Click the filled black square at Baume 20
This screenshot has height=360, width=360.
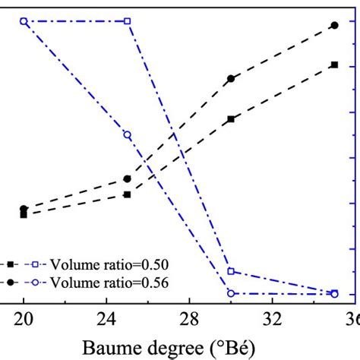pos(24,214)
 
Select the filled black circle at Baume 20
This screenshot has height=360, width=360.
pos(24,209)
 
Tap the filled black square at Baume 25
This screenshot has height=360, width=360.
pos(128,194)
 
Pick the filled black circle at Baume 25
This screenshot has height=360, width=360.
pos(127,179)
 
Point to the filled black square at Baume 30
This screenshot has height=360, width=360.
pos(231,119)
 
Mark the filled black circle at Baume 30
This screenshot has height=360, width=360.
pos(231,79)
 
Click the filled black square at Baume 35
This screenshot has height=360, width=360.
pos(334,65)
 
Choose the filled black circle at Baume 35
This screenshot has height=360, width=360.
pos(334,25)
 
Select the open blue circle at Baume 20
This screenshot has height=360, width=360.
pos(24,21)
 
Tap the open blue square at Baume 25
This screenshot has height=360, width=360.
pos(128,21)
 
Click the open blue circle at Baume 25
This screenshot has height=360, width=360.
pos(127,135)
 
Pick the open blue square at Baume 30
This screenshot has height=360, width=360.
pos(231,271)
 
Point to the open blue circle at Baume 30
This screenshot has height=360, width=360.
pos(231,293)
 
